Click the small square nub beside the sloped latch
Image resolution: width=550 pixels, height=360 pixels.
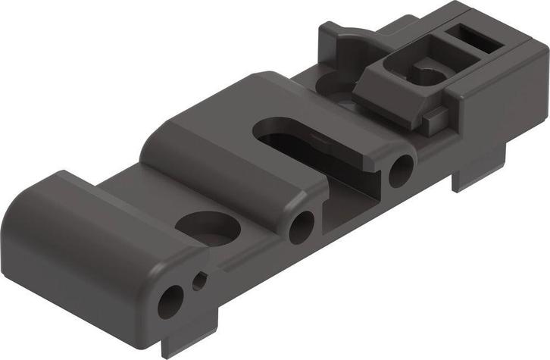pos(433,116)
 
